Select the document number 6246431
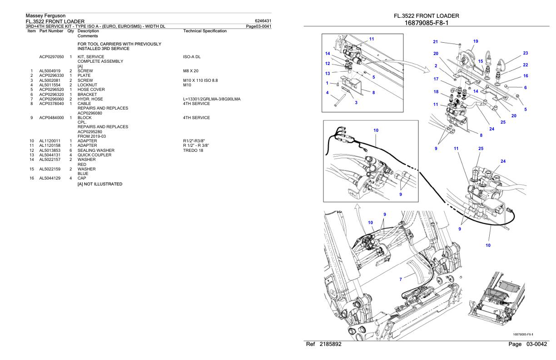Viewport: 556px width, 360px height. [x=263, y=20]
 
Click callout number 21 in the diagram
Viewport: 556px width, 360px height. [x=436, y=42]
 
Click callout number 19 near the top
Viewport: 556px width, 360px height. [x=476, y=41]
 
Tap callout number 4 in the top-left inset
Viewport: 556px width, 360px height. [x=327, y=93]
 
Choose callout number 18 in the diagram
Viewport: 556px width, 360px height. [x=436, y=92]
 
